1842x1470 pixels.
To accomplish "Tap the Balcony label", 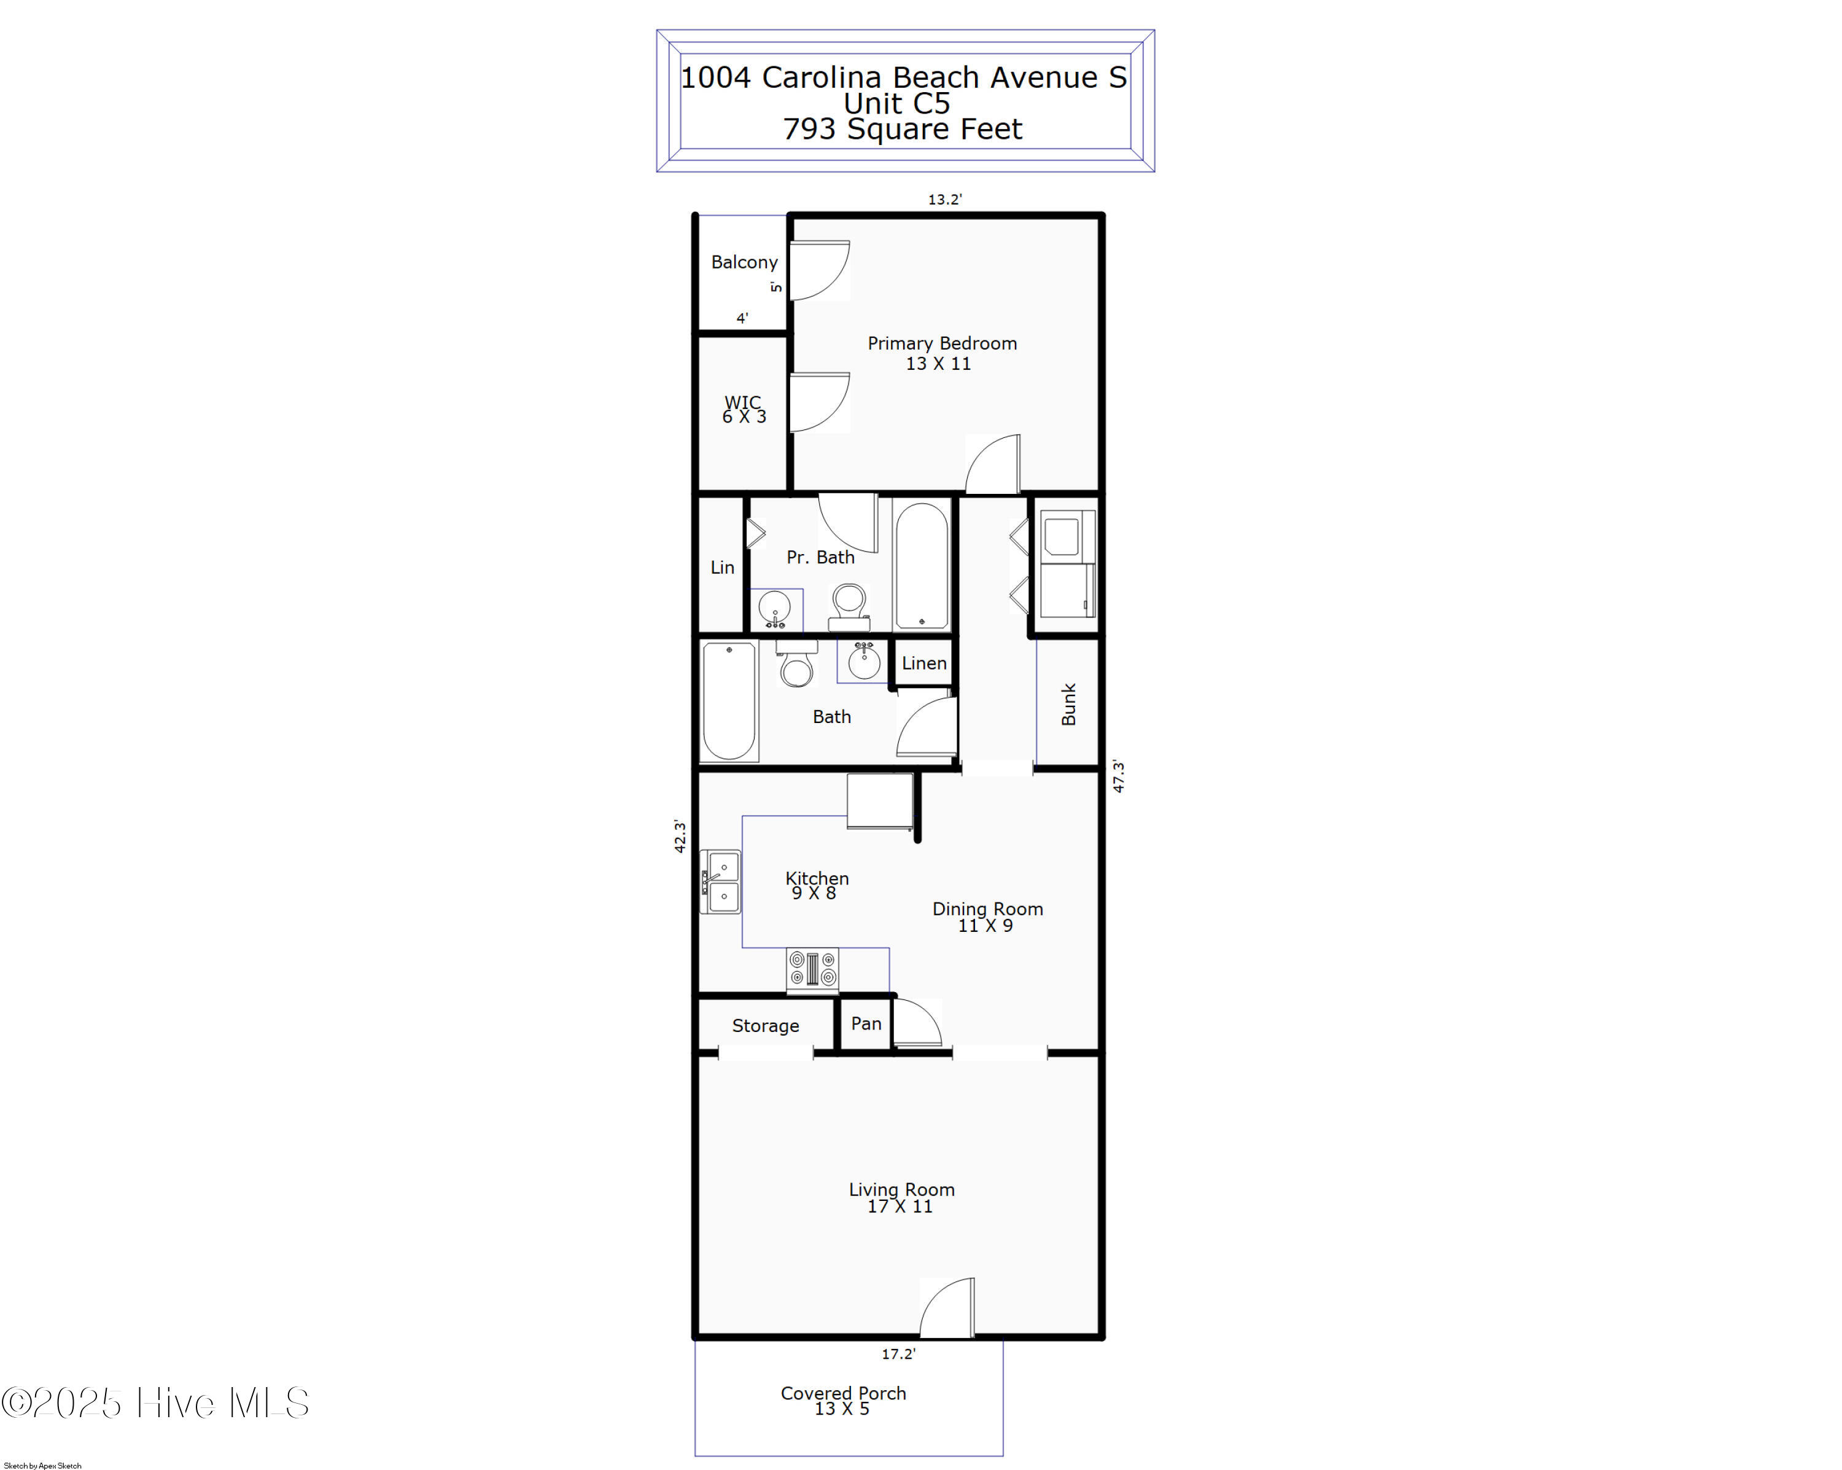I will pos(744,262).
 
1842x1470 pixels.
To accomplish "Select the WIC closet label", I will pos(744,409).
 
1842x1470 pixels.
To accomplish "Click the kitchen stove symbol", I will pos(812,970).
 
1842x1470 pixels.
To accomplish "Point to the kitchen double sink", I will pos(721,881).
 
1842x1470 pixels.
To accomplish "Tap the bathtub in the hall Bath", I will pos(729,701).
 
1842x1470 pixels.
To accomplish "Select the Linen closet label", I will pos(923,663).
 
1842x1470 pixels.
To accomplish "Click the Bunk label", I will pos(1068,704).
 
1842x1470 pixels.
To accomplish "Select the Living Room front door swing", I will pos(949,1308).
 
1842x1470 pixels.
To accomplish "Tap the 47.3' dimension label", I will pos(1118,776).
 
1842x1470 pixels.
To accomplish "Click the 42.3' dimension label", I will pos(680,836).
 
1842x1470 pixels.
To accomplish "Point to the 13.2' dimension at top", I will pos(945,199).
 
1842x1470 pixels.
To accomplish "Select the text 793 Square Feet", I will pos(902,129).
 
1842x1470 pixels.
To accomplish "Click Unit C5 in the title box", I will pos(896,103).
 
